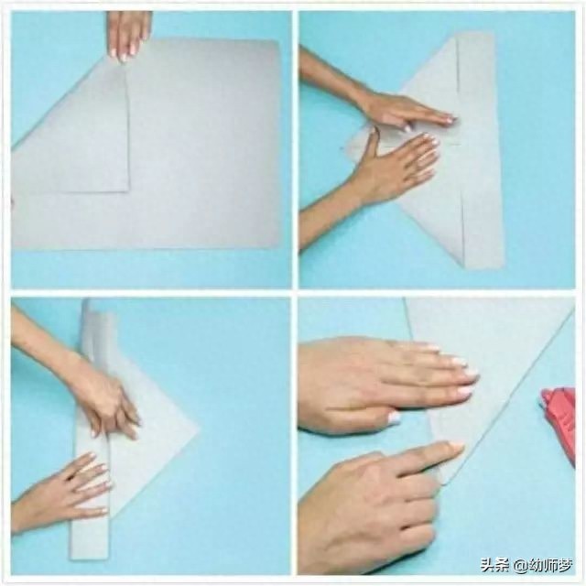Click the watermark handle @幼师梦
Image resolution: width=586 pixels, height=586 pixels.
543,565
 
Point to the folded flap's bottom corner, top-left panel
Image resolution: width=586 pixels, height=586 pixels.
129,191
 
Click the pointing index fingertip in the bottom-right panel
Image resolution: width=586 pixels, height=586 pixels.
458,448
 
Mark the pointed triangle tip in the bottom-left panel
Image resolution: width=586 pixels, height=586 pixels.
200,429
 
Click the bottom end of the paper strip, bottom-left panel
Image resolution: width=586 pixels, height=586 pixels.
90,558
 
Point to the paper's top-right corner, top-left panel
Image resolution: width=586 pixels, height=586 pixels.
277,40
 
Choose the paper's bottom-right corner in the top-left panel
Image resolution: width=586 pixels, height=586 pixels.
278,246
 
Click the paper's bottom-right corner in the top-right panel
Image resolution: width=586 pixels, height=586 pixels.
505,266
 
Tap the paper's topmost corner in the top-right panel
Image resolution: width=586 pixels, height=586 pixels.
494,32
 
